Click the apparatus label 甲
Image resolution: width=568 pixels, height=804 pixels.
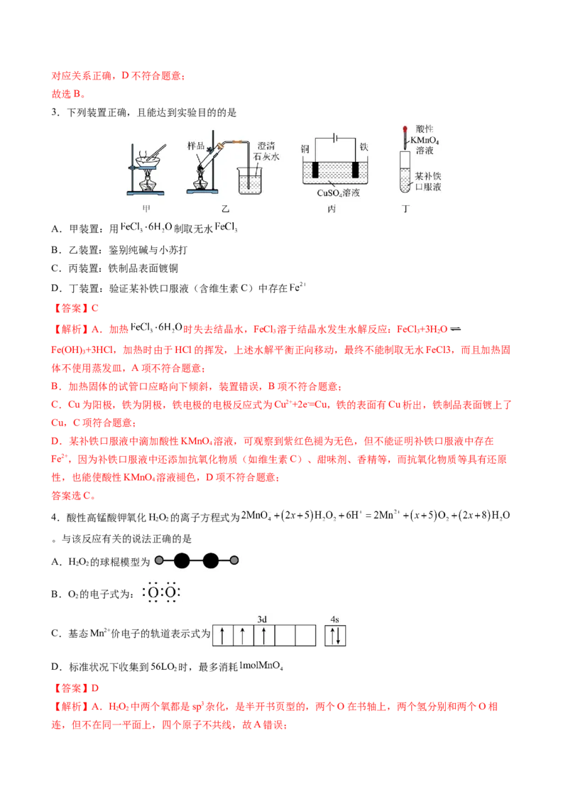[x=147, y=208]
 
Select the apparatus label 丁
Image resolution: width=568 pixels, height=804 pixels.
[x=405, y=208]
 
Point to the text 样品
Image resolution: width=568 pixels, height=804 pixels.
[x=196, y=146]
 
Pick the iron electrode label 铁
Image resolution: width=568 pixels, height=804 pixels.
[x=364, y=147]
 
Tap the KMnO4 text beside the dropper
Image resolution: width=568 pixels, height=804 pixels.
[x=427, y=141]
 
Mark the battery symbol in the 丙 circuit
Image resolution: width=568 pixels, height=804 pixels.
[x=334, y=138]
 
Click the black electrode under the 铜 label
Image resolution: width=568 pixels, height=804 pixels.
[x=313, y=170]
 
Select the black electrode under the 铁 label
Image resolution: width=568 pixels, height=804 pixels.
[x=354, y=170]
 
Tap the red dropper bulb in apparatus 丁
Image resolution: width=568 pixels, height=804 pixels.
[x=403, y=129]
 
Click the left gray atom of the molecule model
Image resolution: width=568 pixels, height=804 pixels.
[x=159, y=560]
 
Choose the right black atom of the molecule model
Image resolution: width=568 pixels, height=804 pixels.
[x=211, y=560]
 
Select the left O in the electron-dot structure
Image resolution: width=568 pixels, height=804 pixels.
[x=153, y=592]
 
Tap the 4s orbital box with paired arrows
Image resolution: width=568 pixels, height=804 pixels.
[x=336, y=635]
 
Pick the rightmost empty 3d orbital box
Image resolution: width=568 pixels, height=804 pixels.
[x=305, y=635]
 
